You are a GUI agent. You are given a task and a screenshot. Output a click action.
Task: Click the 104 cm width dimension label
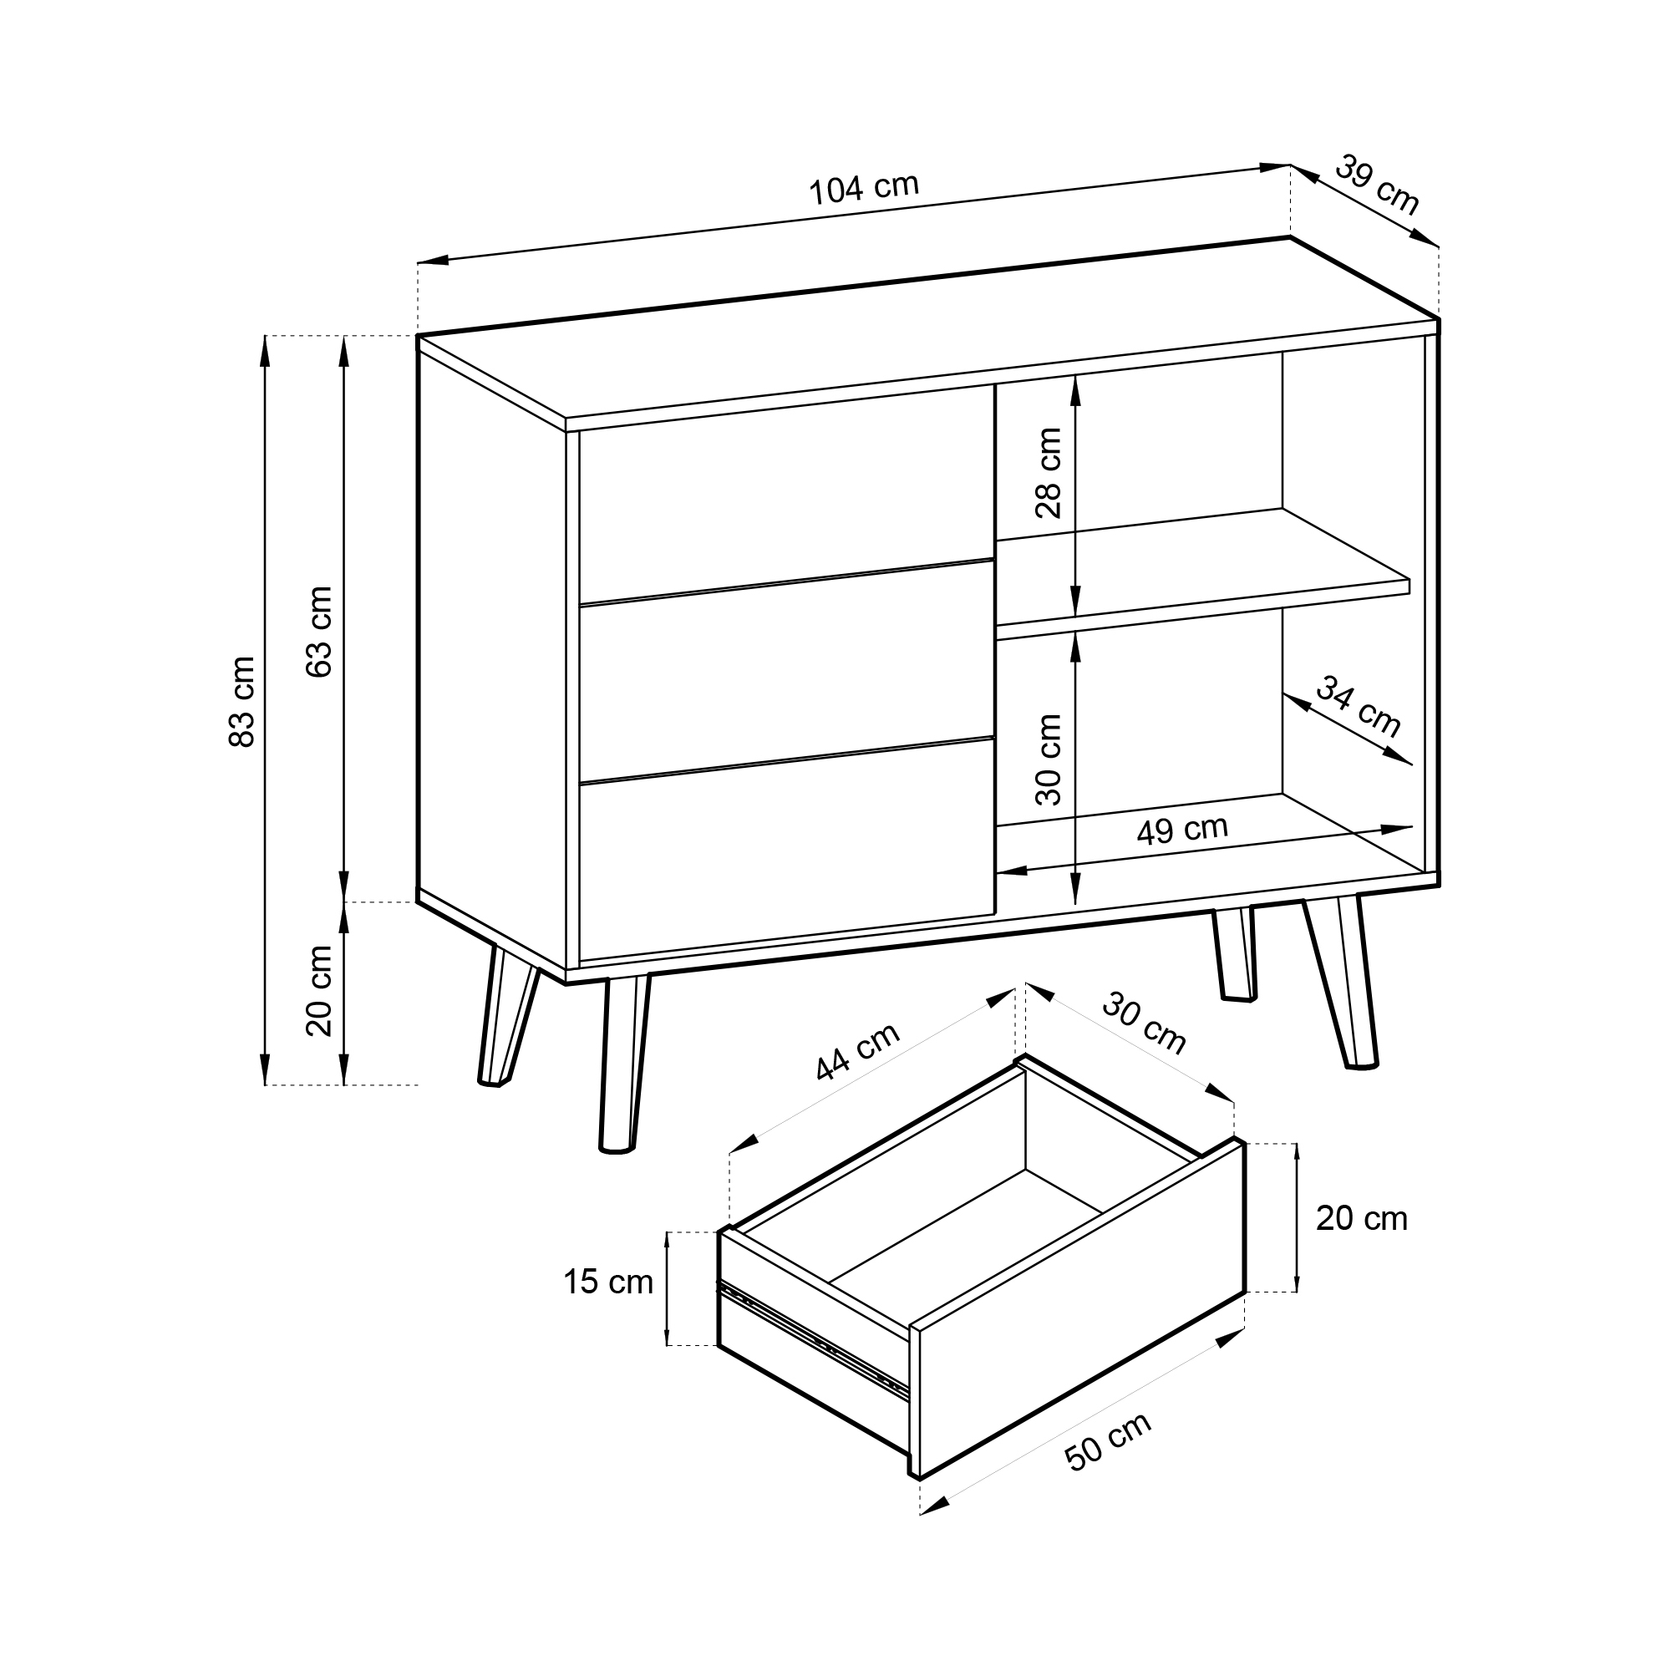coord(863,189)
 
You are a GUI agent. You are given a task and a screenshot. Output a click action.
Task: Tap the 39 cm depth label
coord(1377,185)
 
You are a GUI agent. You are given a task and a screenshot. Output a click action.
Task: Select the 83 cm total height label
coord(243,701)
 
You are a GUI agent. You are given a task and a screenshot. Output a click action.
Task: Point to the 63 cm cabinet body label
coord(320,632)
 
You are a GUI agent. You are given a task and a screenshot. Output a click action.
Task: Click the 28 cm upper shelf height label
coord(1049,472)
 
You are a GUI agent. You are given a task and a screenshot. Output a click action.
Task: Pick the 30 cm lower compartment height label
coord(1049,759)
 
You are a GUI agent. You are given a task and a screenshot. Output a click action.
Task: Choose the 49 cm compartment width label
coord(1182,830)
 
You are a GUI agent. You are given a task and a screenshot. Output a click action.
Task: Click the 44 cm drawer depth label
coord(858,1052)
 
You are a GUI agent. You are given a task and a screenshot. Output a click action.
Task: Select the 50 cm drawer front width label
coord(1108,1442)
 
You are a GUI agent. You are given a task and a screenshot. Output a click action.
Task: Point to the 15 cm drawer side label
coord(608,1282)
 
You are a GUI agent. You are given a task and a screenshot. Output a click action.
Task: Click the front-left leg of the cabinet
coord(624,1064)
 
